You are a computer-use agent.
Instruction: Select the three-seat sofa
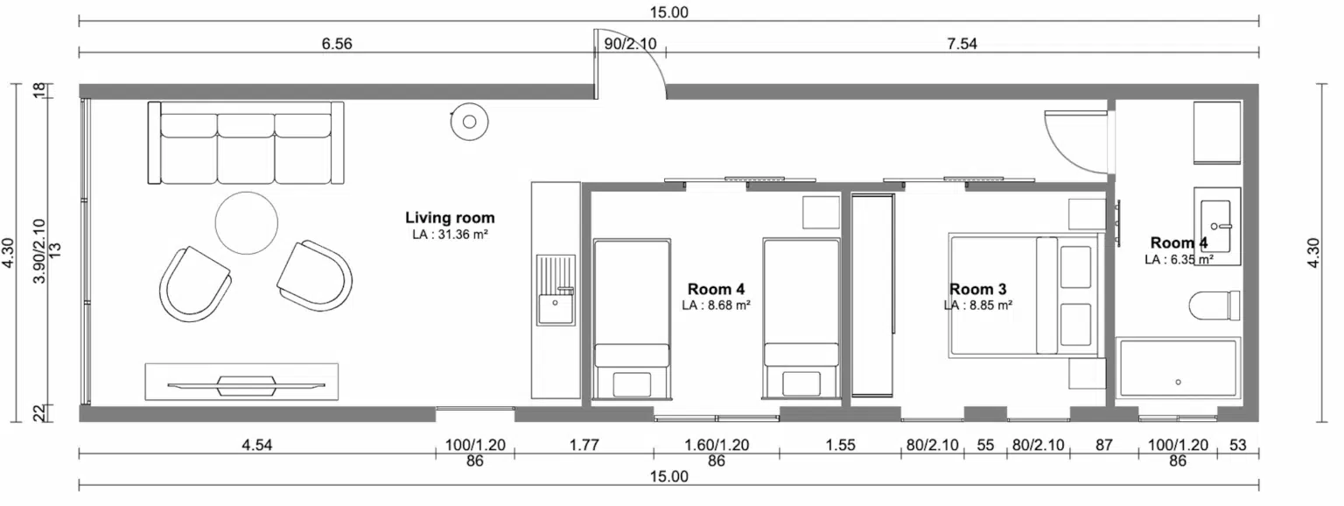coord(246,143)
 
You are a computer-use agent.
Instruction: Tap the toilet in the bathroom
coord(1214,306)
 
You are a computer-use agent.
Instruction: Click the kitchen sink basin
coord(555,308)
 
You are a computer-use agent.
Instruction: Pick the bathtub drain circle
coord(1178,382)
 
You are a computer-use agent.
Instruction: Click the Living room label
coord(450,217)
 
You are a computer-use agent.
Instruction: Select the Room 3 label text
coord(977,289)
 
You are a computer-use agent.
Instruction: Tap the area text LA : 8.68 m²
coord(716,305)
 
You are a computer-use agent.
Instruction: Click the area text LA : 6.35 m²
coord(1179,259)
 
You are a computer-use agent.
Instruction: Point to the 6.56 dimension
coord(337,44)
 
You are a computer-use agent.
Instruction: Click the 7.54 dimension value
coord(962,44)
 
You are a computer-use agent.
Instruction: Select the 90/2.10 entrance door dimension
coord(630,44)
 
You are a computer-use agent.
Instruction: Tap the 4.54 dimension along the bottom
coord(256,445)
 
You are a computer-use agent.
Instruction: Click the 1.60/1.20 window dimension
coord(717,445)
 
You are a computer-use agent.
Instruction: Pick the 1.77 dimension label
coord(584,445)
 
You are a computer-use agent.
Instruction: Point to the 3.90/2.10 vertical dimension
coord(39,251)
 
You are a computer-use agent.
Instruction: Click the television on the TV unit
coord(246,385)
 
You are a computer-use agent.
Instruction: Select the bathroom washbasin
coord(1215,226)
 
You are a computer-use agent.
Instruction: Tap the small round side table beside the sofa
coord(469,122)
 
